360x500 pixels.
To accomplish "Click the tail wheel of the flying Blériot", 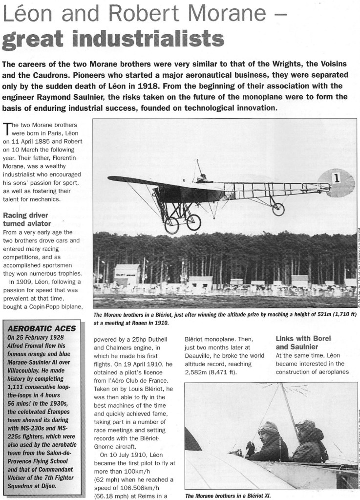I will pyautogui.click(x=278, y=209).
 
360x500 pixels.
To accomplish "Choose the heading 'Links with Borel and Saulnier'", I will pyautogui.click(x=303, y=342).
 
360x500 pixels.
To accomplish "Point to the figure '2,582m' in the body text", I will pyautogui.click(x=197, y=372).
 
